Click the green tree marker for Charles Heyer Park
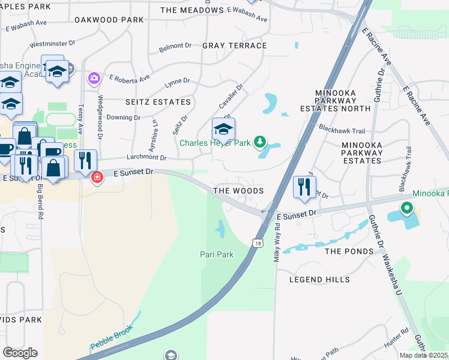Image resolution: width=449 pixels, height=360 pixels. [x=259, y=142]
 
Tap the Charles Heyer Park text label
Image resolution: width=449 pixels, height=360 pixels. [x=215, y=143]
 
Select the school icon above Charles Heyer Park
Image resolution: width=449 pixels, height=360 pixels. [x=223, y=128]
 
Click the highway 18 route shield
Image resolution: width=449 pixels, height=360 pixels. [x=258, y=244]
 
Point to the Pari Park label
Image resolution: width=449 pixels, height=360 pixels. [x=216, y=254]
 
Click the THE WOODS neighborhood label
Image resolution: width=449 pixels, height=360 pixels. [x=239, y=191]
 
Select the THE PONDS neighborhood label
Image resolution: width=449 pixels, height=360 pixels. [x=350, y=251]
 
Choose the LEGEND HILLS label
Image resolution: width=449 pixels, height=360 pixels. [x=319, y=280]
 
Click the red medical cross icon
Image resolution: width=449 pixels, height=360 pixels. [x=96, y=177]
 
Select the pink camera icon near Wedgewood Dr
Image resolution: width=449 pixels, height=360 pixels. [x=94, y=78]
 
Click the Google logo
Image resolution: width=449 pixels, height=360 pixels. [x=20, y=352]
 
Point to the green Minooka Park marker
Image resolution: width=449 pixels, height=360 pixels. [x=406, y=209]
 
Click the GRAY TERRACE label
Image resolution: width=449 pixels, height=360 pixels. [x=235, y=46]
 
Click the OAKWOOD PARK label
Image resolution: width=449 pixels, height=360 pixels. [x=109, y=20]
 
